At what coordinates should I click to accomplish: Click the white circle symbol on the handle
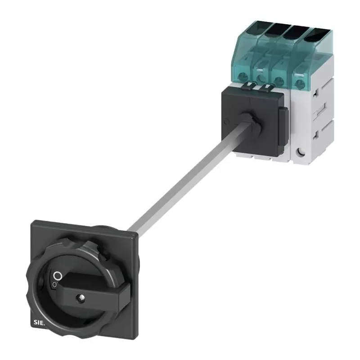[x=57, y=275]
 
